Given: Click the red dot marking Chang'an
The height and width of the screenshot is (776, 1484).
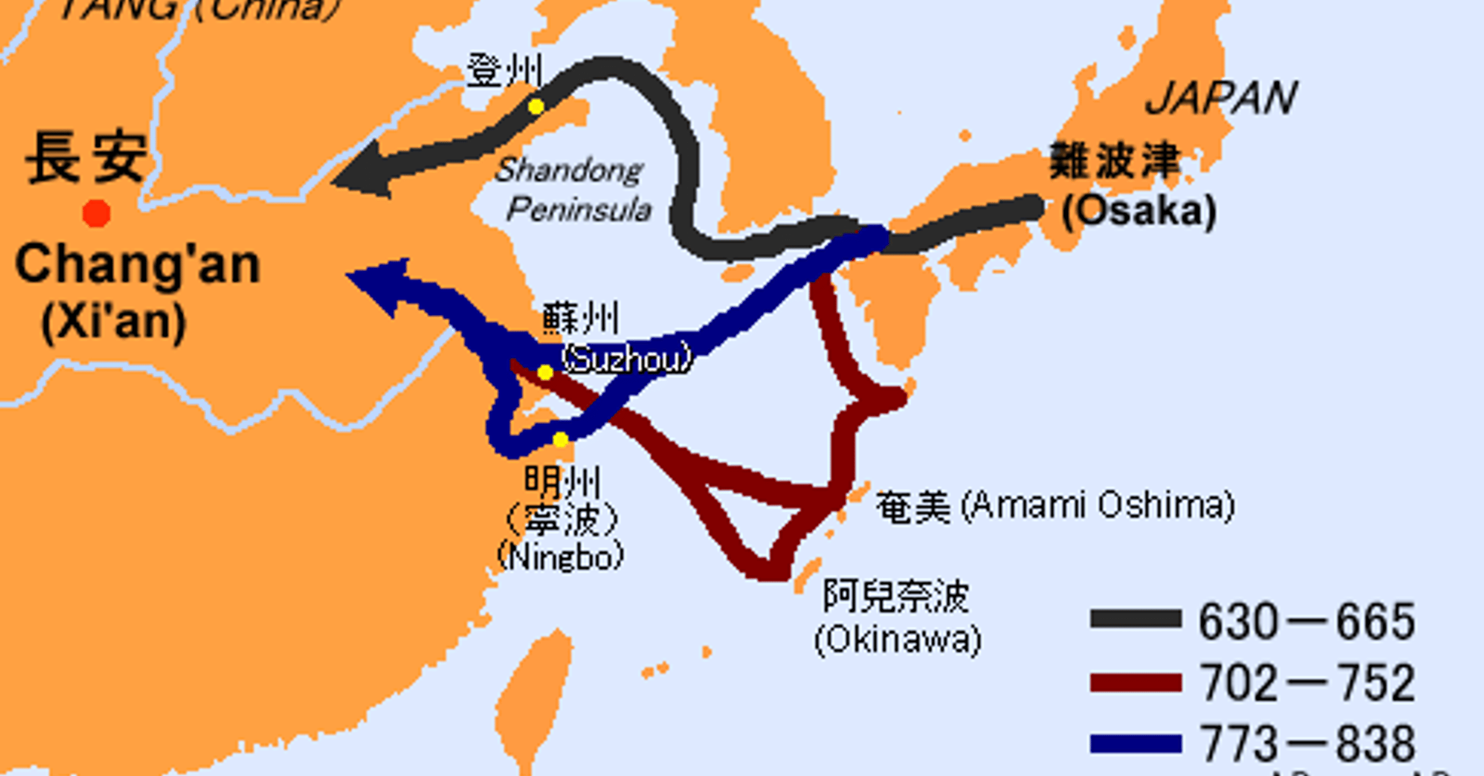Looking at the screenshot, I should click(96, 213).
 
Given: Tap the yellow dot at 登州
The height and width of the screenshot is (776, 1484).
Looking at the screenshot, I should click(536, 106).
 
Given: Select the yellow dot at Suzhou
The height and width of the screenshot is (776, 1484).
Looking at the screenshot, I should click(545, 373).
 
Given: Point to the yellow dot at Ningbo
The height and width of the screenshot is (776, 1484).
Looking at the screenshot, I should click(560, 440).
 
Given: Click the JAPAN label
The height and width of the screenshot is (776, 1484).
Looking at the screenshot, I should click(1221, 98).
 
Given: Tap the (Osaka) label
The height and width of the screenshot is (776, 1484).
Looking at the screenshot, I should click(1139, 211).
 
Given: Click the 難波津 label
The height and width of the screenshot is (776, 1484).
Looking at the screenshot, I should click(1115, 161).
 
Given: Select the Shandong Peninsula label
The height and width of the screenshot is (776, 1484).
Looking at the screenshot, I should click(573, 189).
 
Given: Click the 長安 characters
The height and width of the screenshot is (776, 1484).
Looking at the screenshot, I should click(87, 158).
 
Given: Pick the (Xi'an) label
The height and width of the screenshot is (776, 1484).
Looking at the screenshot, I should click(114, 322).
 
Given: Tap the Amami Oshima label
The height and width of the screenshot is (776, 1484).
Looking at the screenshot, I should click(1055, 506).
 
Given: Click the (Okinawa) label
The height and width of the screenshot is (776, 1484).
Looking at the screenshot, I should click(898, 640).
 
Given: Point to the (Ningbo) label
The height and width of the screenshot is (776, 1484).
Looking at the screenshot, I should click(560, 557).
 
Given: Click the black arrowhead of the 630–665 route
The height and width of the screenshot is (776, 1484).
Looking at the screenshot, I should click(362, 173).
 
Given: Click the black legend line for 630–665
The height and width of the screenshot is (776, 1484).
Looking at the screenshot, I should click(1136, 619).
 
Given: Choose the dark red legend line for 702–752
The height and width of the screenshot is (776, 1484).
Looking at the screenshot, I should click(1136, 682).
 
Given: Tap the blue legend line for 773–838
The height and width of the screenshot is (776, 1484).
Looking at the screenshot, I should click(1136, 743).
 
